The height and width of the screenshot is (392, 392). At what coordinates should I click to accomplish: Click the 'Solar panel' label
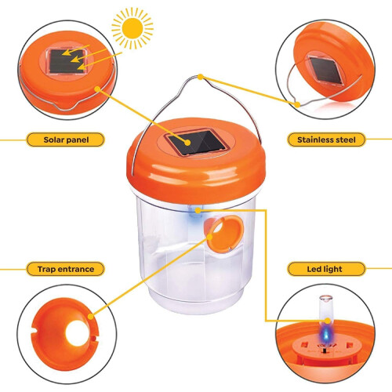[66, 140]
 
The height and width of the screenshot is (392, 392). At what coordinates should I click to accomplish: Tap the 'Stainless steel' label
[326, 140]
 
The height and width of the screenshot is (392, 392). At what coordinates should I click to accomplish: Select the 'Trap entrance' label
[66, 269]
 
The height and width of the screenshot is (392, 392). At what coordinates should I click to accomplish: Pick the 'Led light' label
[325, 269]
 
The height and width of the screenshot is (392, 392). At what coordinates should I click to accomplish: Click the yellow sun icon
[132, 28]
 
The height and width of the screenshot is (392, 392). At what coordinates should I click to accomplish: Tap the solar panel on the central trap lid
[195, 142]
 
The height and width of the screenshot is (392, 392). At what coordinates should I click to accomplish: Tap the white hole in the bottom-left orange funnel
[77, 333]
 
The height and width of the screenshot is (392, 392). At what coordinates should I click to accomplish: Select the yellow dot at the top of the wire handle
[201, 77]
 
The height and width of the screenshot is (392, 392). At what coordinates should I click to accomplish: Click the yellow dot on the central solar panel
[187, 143]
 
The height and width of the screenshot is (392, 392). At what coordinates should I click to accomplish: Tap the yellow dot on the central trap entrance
[210, 237]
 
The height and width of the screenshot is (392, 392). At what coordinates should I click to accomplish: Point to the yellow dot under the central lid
[198, 210]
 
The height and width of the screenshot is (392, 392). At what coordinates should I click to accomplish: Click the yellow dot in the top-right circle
[297, 105]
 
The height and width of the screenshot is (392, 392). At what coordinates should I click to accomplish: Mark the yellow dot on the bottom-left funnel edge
[91, 317]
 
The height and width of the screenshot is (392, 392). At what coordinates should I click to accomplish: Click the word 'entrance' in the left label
[76, 269]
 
